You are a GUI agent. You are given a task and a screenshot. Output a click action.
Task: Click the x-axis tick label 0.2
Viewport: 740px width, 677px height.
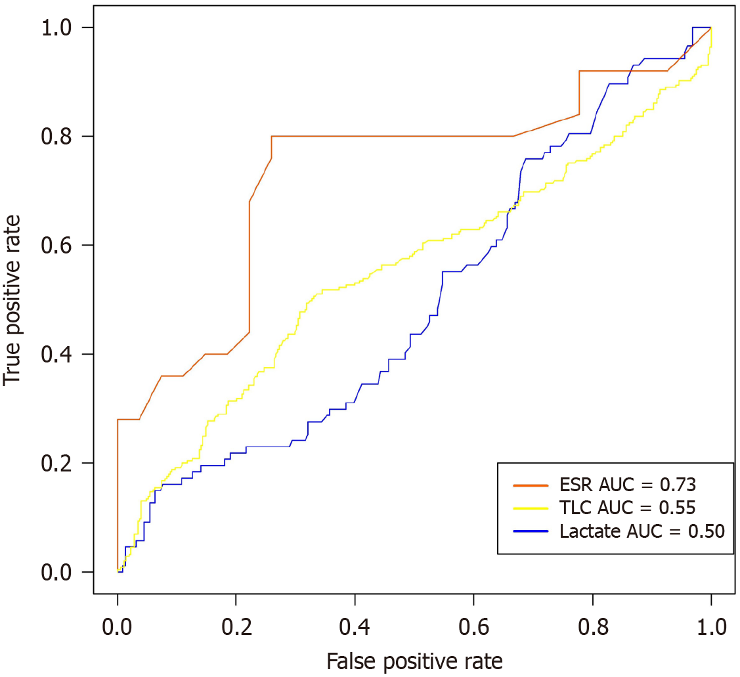(x=236, y=624)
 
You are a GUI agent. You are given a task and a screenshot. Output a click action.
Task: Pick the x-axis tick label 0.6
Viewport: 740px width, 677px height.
(x=473, y=624)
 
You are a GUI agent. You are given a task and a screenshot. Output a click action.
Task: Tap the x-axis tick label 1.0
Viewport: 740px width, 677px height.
(x=710, y=624)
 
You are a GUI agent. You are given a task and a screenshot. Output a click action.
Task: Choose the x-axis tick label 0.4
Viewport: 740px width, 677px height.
(x=355, y=624)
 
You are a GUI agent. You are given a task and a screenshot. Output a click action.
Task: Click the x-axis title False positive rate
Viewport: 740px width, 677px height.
(x=414, y=660)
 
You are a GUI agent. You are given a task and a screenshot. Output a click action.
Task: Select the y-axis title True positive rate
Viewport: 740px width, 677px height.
(x=14, y=299)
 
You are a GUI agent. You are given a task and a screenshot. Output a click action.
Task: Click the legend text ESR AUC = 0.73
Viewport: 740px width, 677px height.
(x=628, y=485)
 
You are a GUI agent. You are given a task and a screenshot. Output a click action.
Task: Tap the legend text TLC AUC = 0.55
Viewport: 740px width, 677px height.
(x=627, y=508)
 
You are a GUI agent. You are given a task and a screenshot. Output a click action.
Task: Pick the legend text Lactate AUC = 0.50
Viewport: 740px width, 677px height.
(x=642, y=531)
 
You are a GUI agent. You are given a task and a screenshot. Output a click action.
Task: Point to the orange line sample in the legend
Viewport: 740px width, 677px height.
(x=531, y=486)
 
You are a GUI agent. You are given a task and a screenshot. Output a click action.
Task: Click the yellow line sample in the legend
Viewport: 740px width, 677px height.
(x=531, y=508)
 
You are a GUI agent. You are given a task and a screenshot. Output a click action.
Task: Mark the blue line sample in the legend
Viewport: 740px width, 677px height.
(x=531, y=531)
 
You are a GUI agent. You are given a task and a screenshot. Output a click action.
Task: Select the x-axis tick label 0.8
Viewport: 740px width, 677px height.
(x=592, y=624)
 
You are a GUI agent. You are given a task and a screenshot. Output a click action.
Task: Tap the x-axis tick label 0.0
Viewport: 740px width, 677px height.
(x=118, y=624)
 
